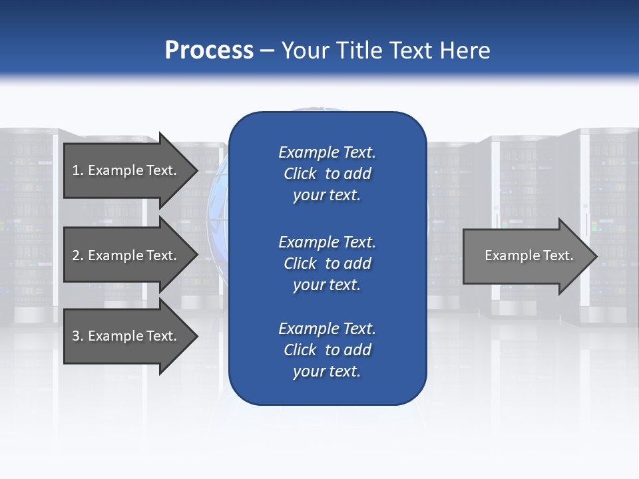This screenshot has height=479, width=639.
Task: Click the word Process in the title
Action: click(209, 51)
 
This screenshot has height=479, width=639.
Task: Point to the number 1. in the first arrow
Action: click(77, 170)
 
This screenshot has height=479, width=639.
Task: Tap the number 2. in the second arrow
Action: click(77, 255)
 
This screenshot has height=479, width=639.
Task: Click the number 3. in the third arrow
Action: click(77, 336)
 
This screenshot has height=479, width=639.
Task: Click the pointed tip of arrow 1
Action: click(195, 171)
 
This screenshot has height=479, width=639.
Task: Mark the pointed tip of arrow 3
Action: click(195, 337)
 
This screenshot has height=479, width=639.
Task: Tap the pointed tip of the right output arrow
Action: click(594, 256)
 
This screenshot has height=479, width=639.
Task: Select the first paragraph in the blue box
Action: click(327, 174)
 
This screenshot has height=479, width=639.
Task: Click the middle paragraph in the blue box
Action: click(327, 263)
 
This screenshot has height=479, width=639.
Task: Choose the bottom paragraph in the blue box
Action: click(327, 350)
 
